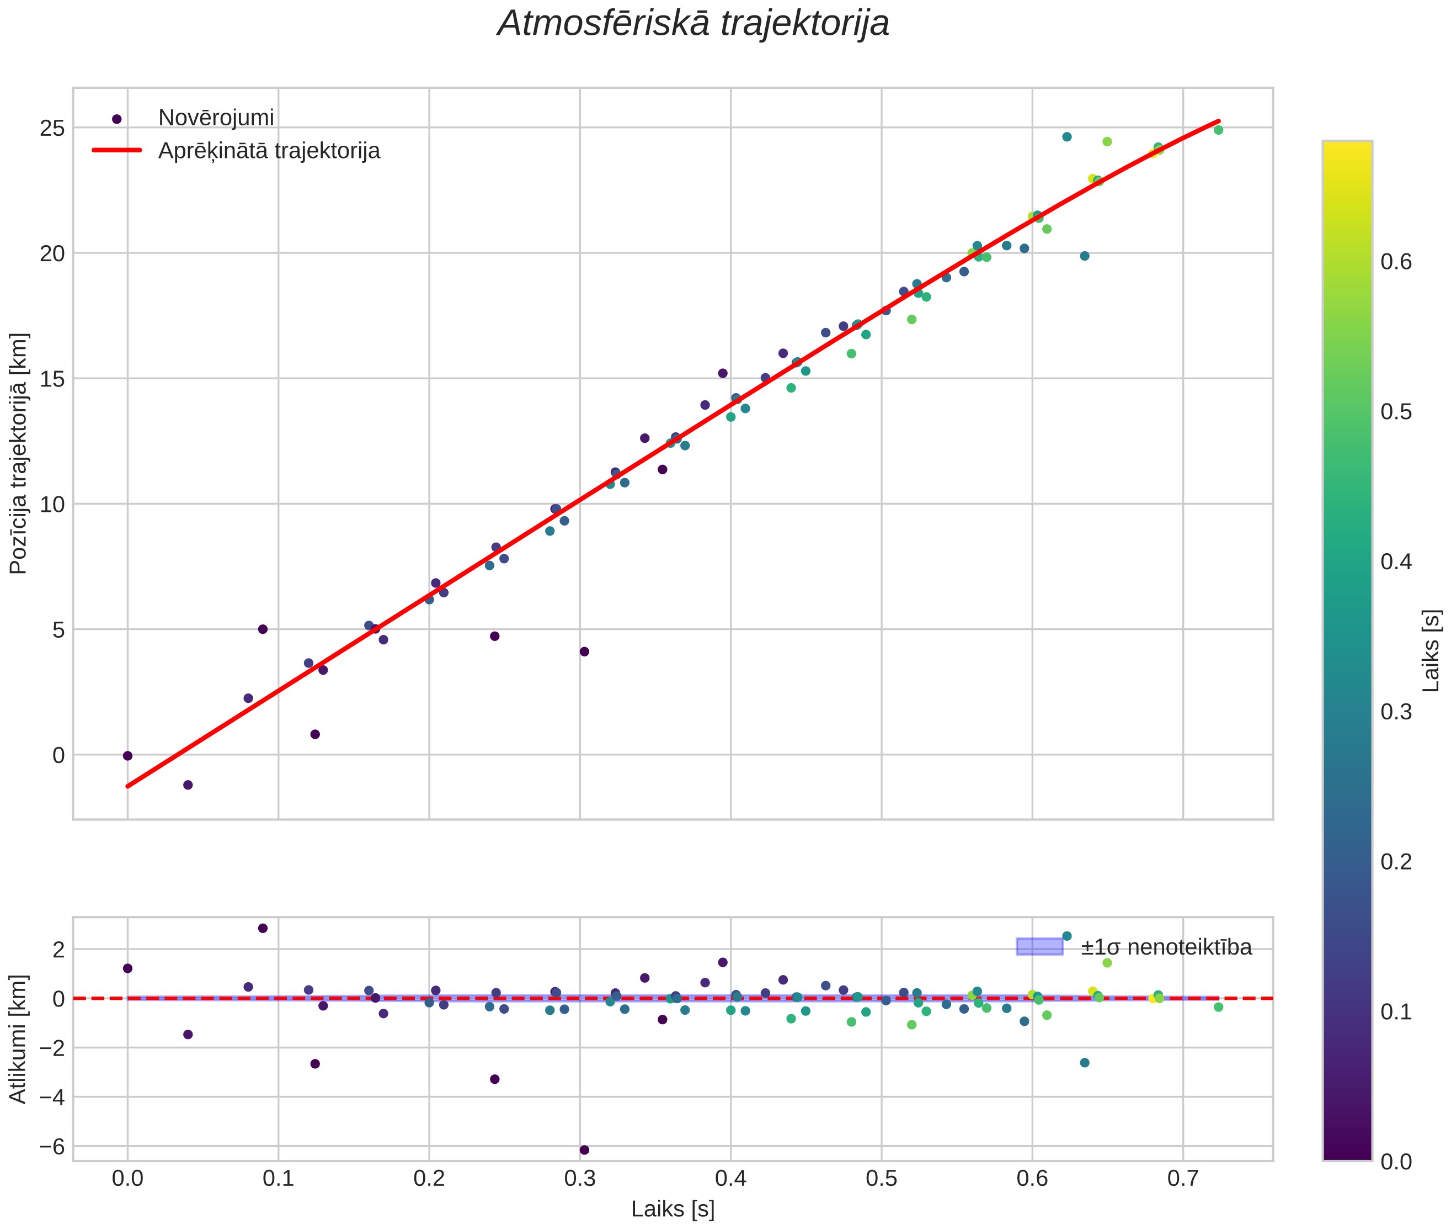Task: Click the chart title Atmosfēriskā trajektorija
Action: tap(694, 24)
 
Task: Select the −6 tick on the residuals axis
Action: tap(49, 1147)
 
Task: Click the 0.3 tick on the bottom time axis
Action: tap(580, 1179)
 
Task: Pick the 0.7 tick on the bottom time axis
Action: tap(1183, 1179)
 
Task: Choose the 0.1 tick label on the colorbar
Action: tap(1396, 1011)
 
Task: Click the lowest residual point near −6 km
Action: tap(584, 1149)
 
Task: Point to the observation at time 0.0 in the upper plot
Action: tap(127, 756)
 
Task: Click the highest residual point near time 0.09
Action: tap(263, 928)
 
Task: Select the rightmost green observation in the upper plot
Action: tap(1218, 130)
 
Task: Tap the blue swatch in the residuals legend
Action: tap(1039, 946)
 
